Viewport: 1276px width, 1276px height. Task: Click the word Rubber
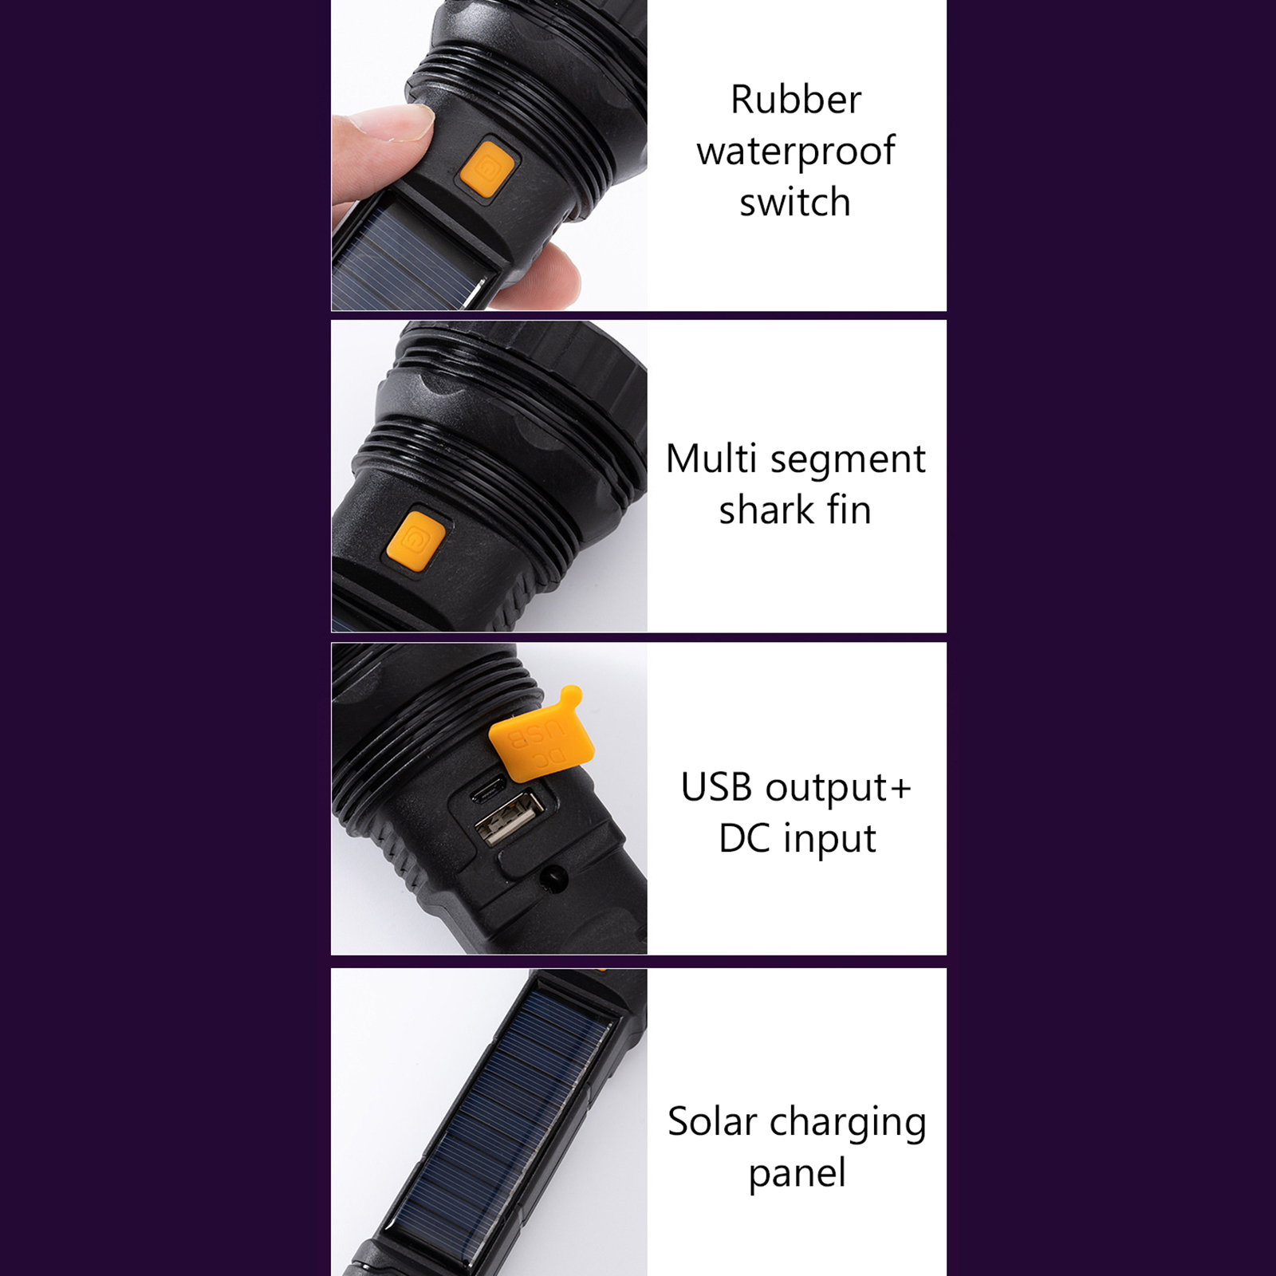[x=796, y=100]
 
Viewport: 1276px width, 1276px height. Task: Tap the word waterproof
[x=796, y=152]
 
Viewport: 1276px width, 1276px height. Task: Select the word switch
[x=795, y=202]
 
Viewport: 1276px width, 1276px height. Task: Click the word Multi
[x=711, y=459]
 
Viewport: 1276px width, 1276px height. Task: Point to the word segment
[x=848, y=462]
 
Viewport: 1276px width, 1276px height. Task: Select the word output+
[x=838, y=790]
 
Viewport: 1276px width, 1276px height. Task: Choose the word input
[x=829, y=841]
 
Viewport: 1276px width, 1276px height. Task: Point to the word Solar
[x=712, y=1121]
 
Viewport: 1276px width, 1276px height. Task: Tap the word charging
[x=849, y=1124]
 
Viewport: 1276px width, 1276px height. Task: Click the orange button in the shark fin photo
[x=415, y=542]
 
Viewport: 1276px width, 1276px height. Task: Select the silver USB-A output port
[x=510, y=817]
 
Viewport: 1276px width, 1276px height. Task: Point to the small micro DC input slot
[x=487, y=790]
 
